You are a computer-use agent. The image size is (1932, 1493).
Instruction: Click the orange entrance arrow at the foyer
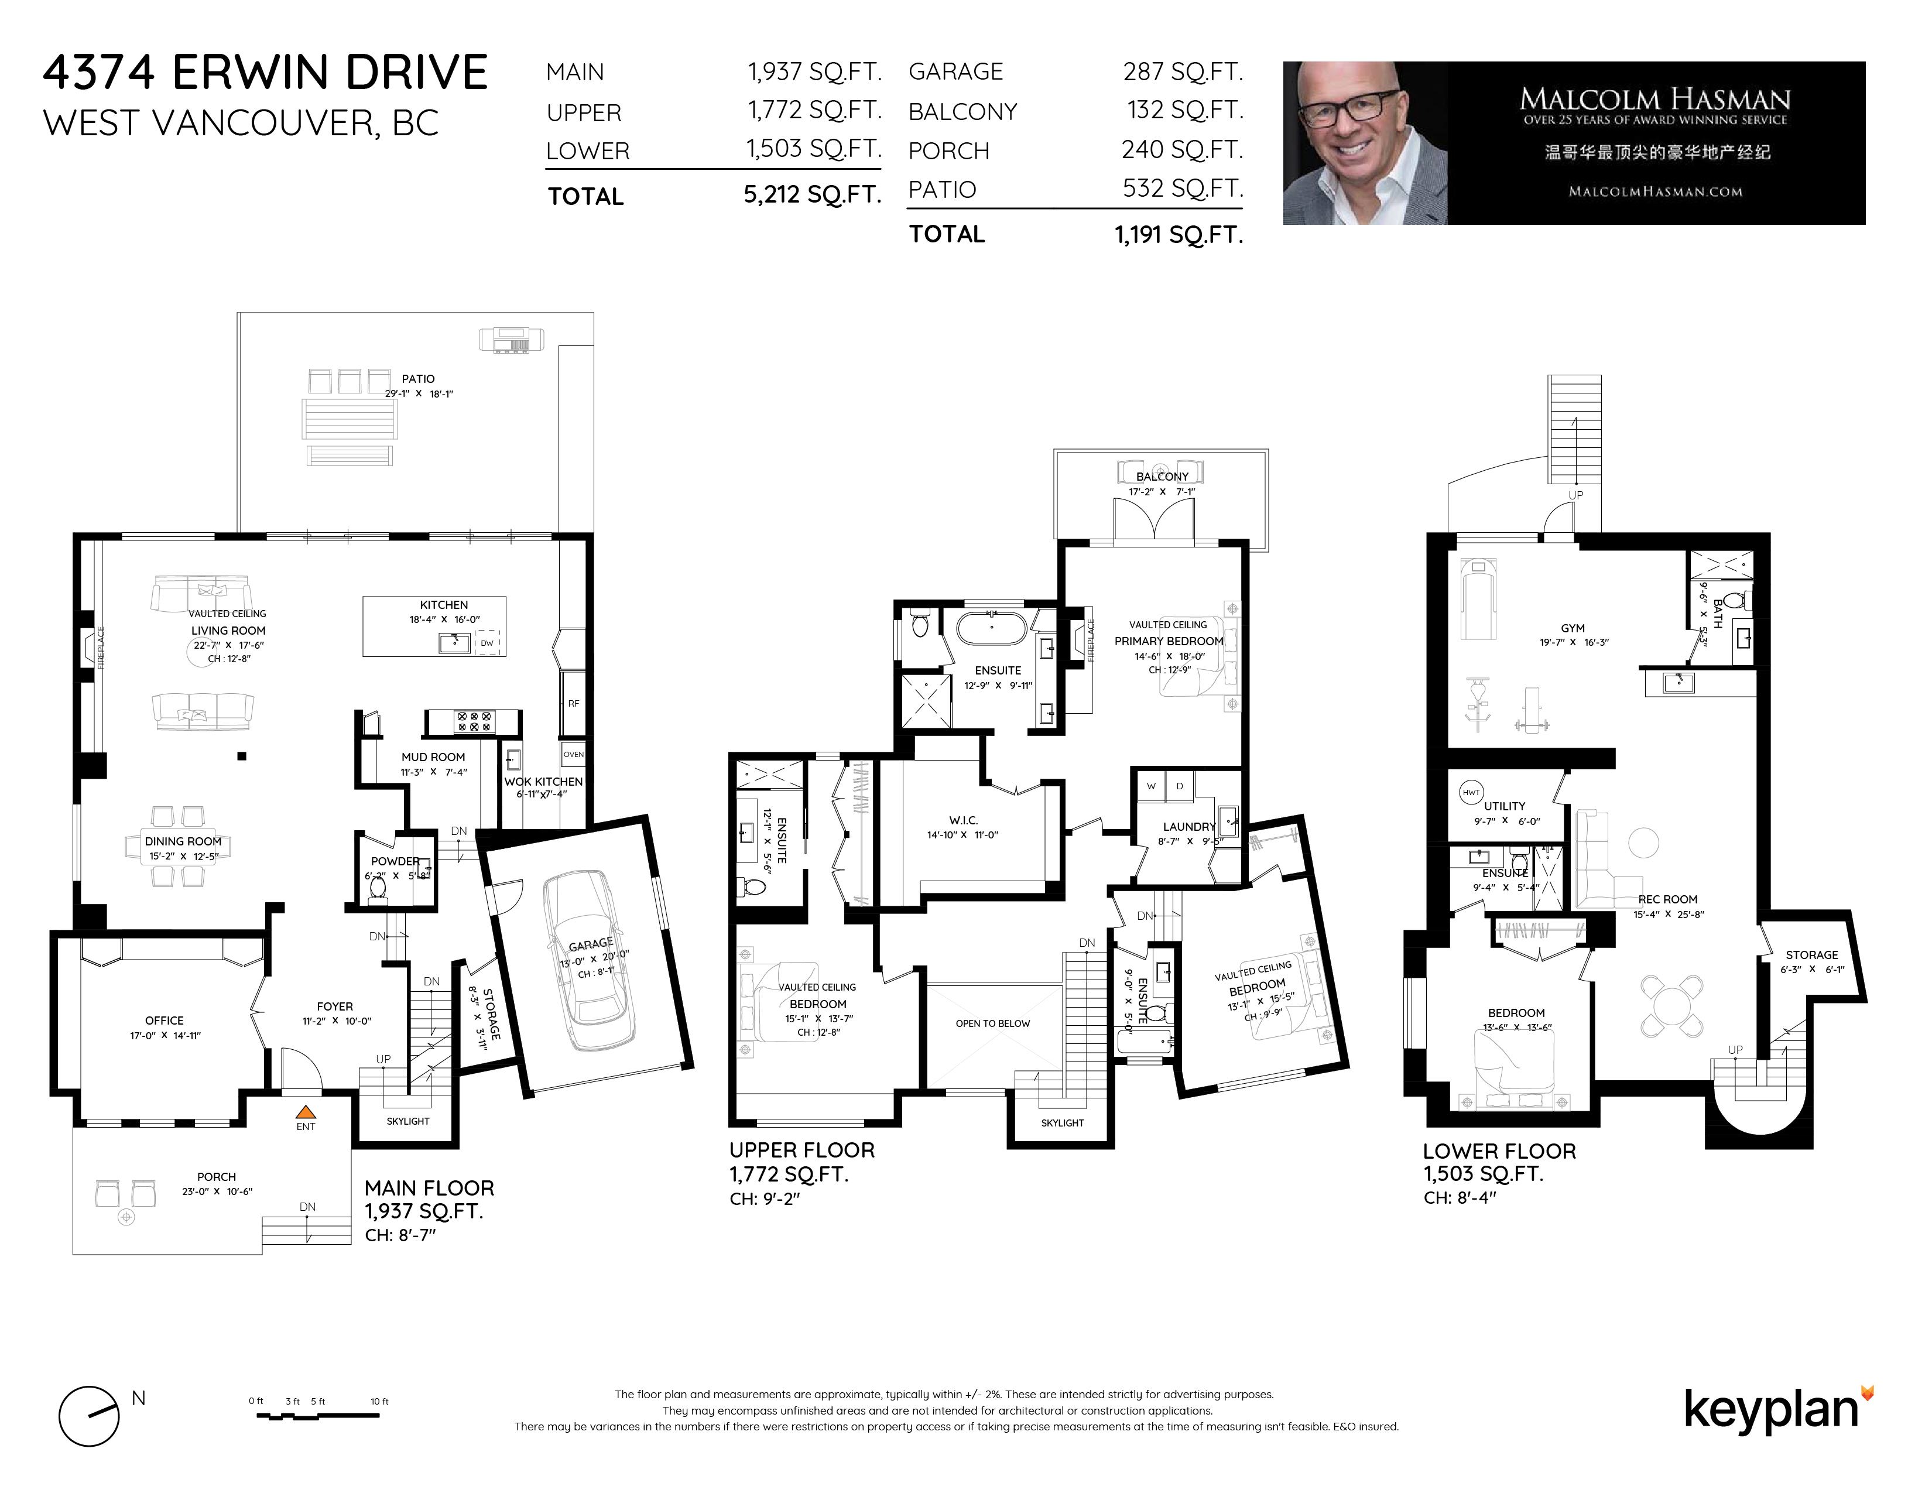(x=305, y=1112)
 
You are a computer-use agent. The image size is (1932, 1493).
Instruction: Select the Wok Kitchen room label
(x=543, y=782)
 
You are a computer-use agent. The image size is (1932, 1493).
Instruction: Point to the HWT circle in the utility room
(x=1470, y=793)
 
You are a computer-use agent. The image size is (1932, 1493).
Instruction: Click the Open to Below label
(x=992, y=1023)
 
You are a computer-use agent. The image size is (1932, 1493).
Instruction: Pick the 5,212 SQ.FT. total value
(x=812, y=194)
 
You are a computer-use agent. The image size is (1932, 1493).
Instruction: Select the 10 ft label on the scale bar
(x=379, y=1401)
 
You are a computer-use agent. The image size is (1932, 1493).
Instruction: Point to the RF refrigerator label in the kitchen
(x=573, y=704)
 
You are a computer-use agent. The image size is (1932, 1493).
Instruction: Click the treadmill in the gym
(x=1477, y=597)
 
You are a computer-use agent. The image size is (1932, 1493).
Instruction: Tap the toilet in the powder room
(x=378, y=887)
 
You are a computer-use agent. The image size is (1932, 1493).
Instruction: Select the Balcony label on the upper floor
(x=1162, y=477)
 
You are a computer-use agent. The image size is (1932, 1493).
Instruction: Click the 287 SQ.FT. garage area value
(x=1183, y=71)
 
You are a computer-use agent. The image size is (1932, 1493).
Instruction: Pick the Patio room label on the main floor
(x=417, y=379)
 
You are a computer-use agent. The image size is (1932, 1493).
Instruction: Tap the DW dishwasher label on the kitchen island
(x=487, y=643)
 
